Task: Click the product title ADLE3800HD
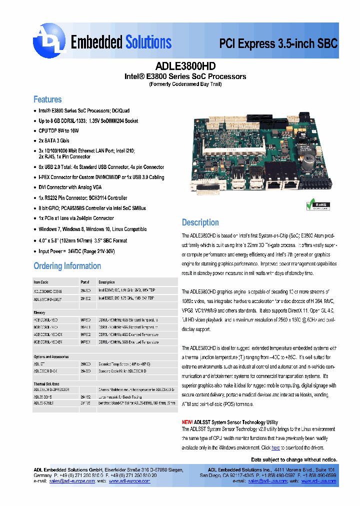pyautogui.click(x=185, y=65)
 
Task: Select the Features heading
pyautogui.click(x=47, y=99)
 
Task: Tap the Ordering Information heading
pyautogui.click(x=67, y=265)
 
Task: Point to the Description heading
pyautogui.click(x=200, y=222)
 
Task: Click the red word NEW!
pyautogui.click(x=187, y=422)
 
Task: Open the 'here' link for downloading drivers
pyautogui.click(x=275, y=448)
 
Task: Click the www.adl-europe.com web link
pyautogui.click(x=129, y=481)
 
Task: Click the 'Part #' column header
pyautogui.click(x=85, y=282)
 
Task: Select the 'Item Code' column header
pyautogui.click(x=41, y=282)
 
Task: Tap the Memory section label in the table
pyautogui.click(x=39, y=312)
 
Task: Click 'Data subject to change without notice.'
pyautogui.click(x=293, y=459)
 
